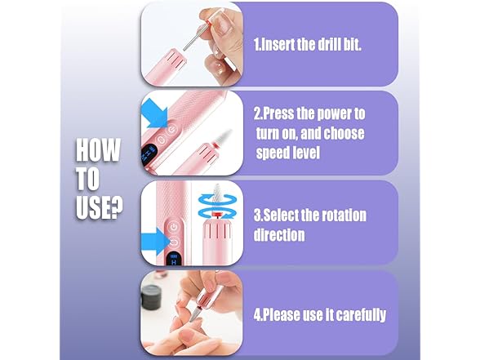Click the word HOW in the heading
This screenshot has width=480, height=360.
click(98, 150)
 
